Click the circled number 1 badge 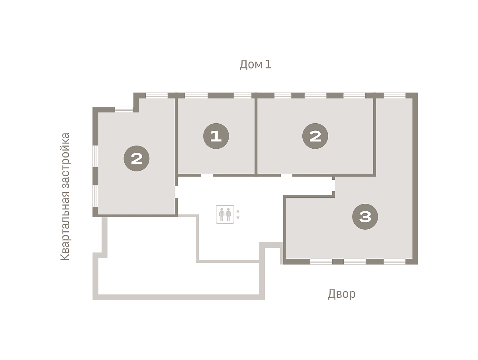tap(216, 136)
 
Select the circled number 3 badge tap(365, 216)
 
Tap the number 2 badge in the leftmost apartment tap(137, 158)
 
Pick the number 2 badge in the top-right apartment tap(315, 136)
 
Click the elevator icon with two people tap(225, 214)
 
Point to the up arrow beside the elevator tap(238, 211)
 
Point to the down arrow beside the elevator tap(238, 218)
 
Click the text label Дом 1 tap(255, 65)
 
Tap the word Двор tap(341, 294)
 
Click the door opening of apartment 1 tap(207, 175)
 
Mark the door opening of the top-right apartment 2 tap(286, 175)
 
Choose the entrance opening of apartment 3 tap(334, 186)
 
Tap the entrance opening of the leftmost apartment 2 tap(176, 192)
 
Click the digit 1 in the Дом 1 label tap(268, 64)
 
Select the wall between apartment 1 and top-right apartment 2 tap(256, 136)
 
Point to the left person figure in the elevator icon tap(222, 214)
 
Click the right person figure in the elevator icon tap(228, 214)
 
